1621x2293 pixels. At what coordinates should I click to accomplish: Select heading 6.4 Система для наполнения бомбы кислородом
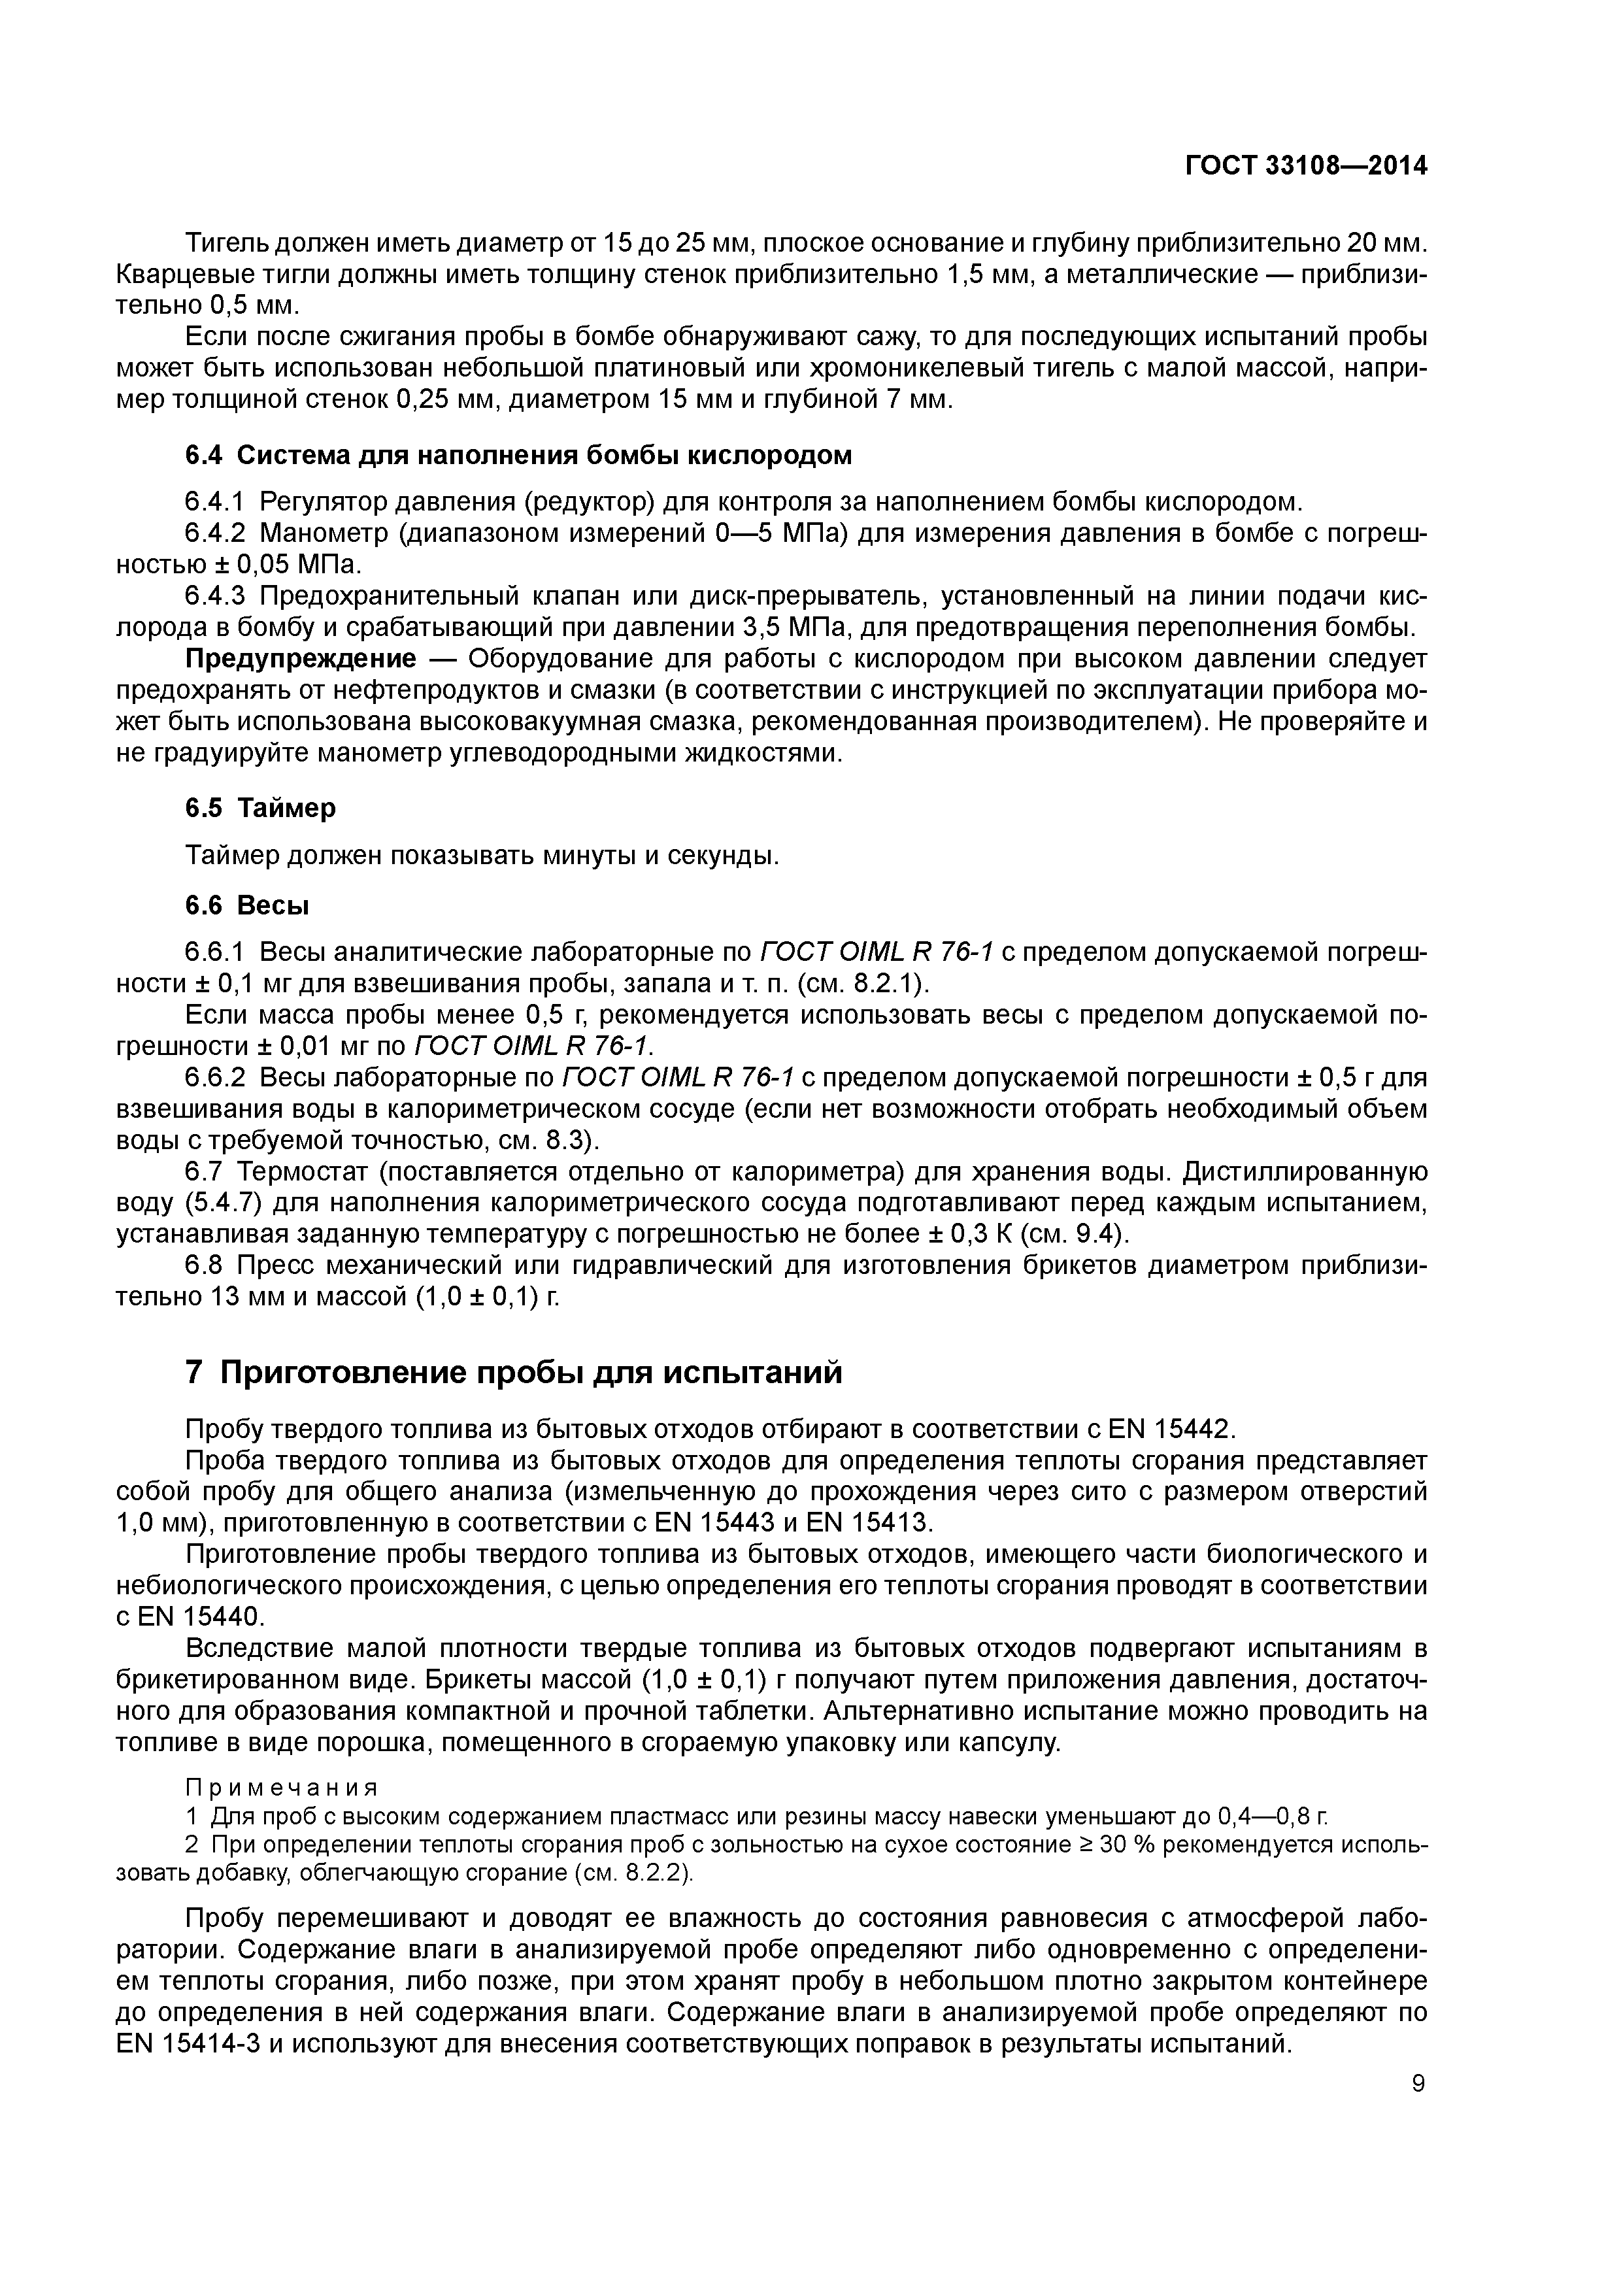tap(518, 456)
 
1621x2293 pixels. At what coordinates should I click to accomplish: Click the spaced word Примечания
tap(282, 1786)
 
